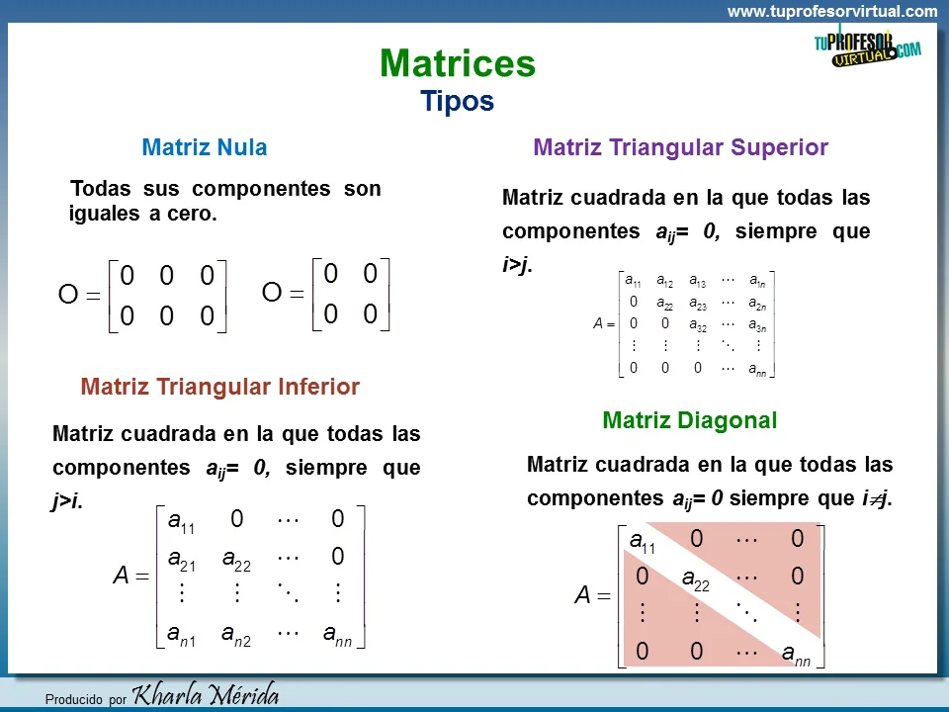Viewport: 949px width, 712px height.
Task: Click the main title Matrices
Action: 457,64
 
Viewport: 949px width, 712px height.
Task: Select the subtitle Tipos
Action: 457,101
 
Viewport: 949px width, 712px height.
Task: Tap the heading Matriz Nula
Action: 205,147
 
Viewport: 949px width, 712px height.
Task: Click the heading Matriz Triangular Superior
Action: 680,147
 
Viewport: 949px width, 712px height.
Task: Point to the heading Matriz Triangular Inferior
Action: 220,387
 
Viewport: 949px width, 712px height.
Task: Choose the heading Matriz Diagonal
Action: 689,420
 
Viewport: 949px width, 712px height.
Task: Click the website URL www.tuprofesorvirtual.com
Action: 832,12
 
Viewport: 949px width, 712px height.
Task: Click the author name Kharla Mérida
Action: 206,694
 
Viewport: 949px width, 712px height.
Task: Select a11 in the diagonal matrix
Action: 643,541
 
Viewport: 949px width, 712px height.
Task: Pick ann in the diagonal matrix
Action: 796,653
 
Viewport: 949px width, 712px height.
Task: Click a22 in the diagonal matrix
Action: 696,578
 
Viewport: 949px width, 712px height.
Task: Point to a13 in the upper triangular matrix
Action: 697,280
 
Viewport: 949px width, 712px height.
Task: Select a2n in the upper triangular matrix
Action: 757,303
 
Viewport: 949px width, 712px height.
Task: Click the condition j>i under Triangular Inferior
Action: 66,501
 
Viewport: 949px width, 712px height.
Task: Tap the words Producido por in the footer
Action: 86,699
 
